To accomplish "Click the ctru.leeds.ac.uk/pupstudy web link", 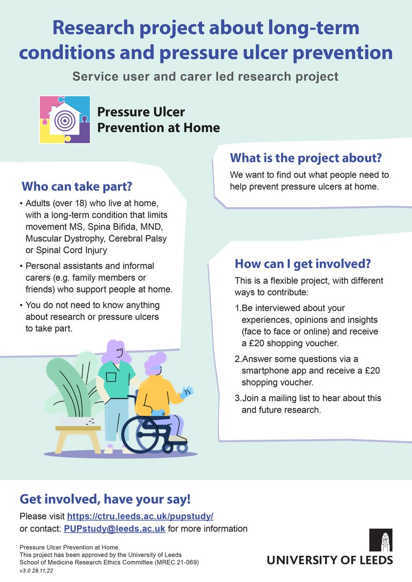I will click(x=140, y=516).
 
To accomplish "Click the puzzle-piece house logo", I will click(x=65, y=120).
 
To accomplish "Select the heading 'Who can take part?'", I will click(x=77, y=186).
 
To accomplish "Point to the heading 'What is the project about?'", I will click(x=306, y=158).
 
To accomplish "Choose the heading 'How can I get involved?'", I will click(x=303, y=264).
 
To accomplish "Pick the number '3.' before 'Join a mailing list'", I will click(x=238, y=398).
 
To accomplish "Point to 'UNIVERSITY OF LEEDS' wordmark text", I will click(x=330, y=560).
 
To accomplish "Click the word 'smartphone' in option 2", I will click(x=266, y=371).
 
